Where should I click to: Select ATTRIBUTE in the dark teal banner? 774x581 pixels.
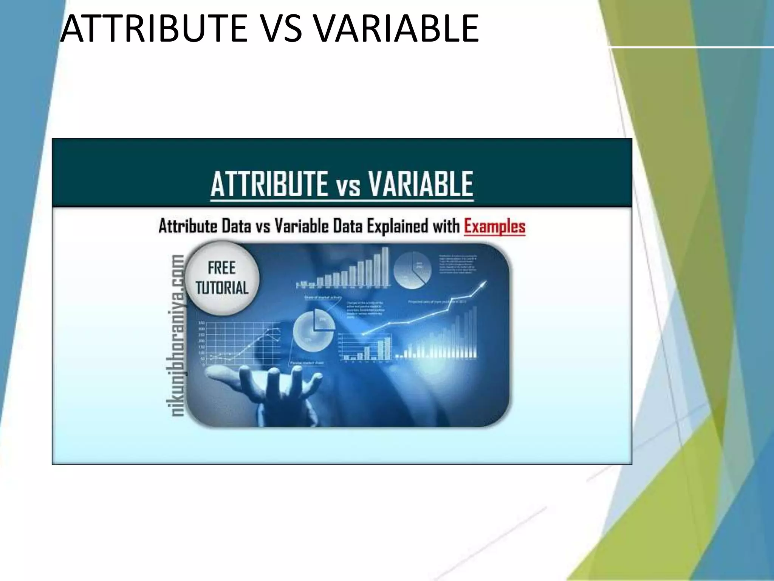click(269, 184)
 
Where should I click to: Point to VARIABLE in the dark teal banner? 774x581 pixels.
click(420, 184)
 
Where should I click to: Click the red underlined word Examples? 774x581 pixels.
click(494, 226)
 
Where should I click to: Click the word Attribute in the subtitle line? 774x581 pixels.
click(188, 226)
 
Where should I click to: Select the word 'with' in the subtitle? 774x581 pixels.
click(446, 226)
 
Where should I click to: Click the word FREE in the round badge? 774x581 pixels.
click(221, 268)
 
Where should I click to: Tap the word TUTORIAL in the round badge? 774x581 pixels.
click(222, 287)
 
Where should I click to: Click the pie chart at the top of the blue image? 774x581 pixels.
click(412, 270)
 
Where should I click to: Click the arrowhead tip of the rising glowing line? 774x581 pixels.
click(485, 282)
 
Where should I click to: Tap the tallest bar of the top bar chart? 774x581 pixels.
click(385, 266)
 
